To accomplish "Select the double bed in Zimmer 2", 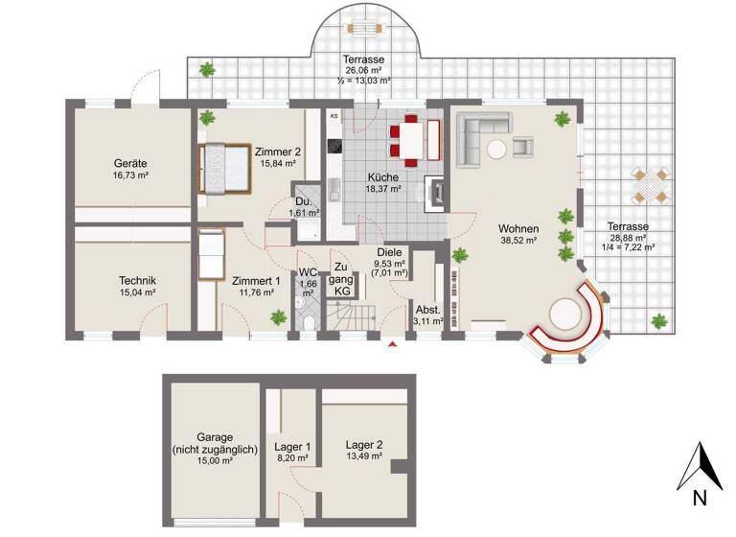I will (x=223, y=167).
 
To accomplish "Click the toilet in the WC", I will (x=305, y=320).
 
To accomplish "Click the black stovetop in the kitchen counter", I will (x=334, y=147).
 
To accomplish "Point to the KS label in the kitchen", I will (x=334, y=116).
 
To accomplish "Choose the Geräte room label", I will (x=129, y=163).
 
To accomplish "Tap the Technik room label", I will (x=137, y=280).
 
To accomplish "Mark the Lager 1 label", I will (x=292, y=446).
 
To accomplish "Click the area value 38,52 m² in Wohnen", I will (x=518, y=242).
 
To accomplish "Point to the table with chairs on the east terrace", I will (x=649, y=184).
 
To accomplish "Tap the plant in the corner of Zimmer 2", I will (x=208, y=118).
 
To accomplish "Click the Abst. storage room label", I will (x=426, y=309).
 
